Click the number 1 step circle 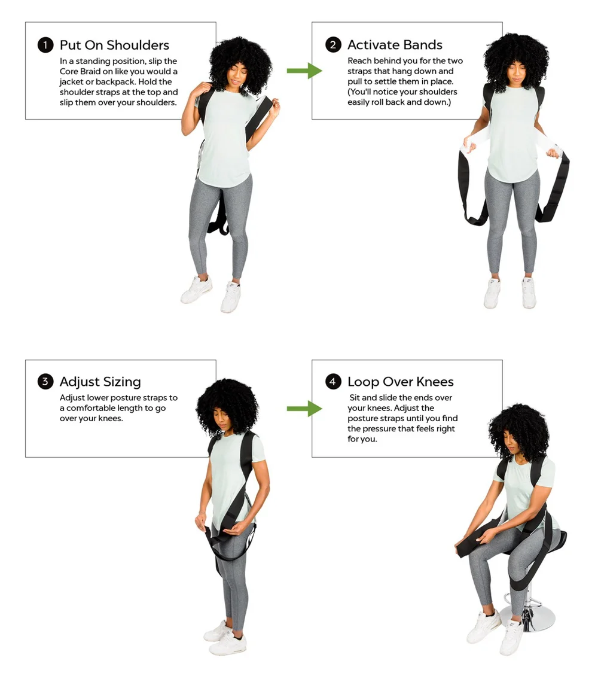(x=45, y=45)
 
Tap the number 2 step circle (x=333, y=45)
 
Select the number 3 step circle (x=45, y=382)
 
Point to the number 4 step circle (x=333, y=382)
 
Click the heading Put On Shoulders (x=114, y=45)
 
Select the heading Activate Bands (x=395, y=45)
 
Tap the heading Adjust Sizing (x=100, y=382)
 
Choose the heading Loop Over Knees (x=400, y=382)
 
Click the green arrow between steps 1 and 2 (x=304, y=71)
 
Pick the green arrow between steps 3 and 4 (x=304, y=409)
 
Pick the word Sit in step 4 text (x=356, y=398)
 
